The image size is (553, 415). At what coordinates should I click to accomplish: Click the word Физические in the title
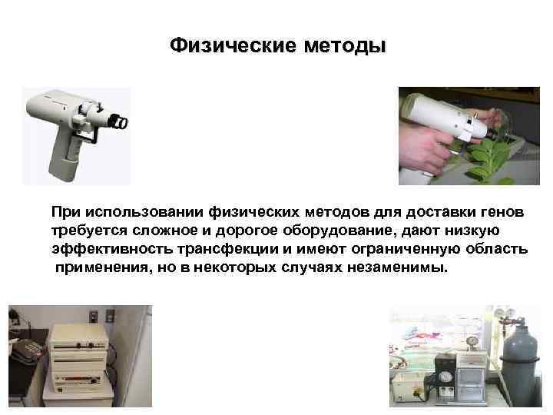click(x=223, y=47)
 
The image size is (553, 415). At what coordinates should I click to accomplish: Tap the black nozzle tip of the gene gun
click(x=118, y=121)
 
